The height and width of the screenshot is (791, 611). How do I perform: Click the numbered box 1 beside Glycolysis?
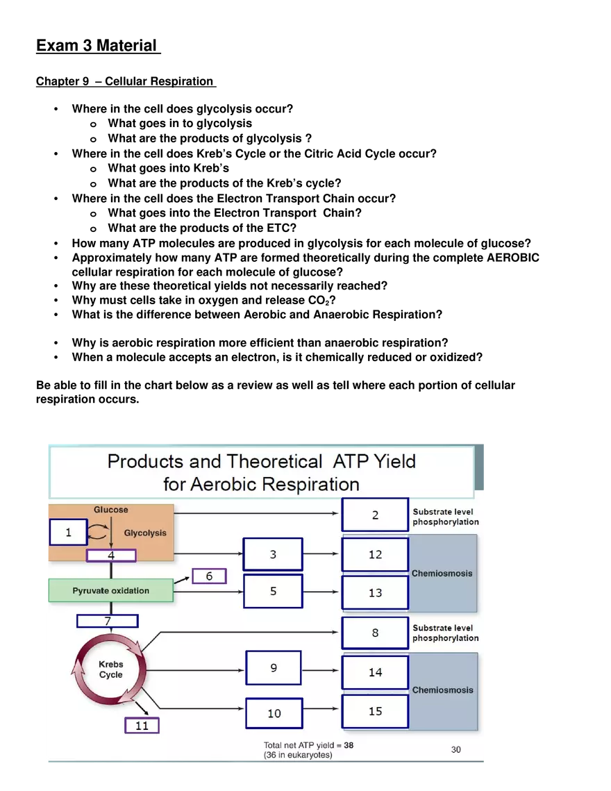[x=68, y=533]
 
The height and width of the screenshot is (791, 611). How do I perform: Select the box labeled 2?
[x=375, y=515]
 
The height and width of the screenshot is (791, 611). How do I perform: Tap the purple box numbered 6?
[x=209, y=576]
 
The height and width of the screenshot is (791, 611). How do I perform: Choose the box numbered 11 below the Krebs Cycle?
[x=142, y=726]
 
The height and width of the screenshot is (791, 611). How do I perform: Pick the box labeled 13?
[x=375, y=592]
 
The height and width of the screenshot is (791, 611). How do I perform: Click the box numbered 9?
[x=274, y=668]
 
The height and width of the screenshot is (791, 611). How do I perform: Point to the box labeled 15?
[x=375, y=711]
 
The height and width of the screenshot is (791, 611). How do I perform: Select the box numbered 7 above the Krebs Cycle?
[x=108, y=621]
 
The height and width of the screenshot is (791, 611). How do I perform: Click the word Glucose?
[x=111, y=510]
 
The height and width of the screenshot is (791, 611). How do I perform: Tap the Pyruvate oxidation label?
[x=110, y=591]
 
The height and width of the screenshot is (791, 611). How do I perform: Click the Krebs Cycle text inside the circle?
[x=110, y=669]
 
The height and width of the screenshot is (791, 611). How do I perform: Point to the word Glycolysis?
[x=145, y=533]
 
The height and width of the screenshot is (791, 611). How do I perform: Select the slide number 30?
[x=455, y=749]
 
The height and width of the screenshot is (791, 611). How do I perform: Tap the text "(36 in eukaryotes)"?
[x=298, y=755]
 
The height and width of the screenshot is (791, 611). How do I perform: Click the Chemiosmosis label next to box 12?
[x=442, y=574]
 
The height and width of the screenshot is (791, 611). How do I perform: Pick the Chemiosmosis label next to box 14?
[x=442, y=690]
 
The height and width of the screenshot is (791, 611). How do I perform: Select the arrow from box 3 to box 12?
[x=321, y=554]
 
